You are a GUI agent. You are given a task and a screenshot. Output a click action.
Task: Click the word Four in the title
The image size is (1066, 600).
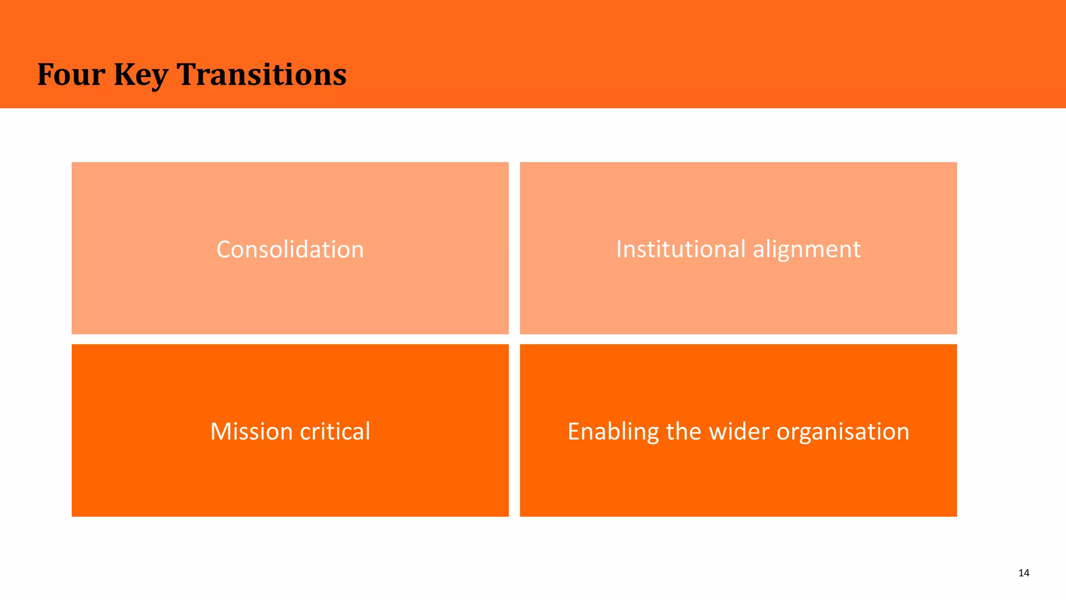71,74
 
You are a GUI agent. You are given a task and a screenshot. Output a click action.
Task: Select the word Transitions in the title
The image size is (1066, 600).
262,74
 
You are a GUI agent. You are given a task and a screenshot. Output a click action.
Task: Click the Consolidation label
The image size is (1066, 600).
290,249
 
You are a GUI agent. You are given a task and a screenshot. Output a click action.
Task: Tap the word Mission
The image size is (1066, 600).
251,432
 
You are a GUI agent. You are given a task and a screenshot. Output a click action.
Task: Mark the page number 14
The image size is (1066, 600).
1023,573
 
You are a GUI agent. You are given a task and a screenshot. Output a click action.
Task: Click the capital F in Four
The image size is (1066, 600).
46,74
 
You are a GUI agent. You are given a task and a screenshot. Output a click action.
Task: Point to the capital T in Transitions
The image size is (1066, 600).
187,74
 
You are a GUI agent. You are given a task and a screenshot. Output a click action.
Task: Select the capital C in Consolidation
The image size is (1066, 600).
224,249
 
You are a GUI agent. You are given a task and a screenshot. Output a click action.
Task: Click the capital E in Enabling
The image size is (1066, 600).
574,432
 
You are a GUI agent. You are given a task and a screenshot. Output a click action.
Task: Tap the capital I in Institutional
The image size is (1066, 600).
619,249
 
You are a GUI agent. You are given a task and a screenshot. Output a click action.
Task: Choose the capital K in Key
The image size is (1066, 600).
123,74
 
